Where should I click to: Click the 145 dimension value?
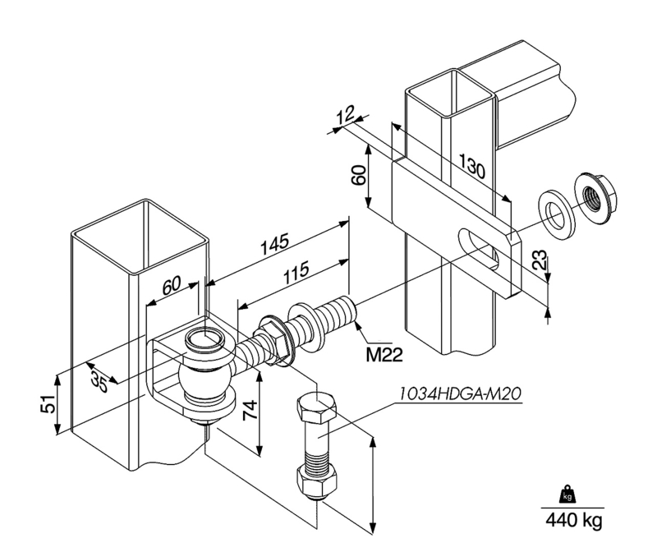pos(274,244)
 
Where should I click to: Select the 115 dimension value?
pos(296,272)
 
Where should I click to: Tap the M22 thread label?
pos(384,355)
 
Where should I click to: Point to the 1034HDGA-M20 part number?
pos(460,394)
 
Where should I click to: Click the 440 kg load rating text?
pos(573,520)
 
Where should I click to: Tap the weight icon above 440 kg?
pos(567,495)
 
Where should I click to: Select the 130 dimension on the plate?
pos(472,166)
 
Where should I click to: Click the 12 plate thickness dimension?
pos(346,114)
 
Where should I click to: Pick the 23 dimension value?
pos(540,260)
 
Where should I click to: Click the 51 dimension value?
pos(48,403)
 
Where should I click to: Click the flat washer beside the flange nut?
pos(557,214)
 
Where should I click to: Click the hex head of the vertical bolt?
pos(316,407)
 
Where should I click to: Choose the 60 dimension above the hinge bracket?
pos(171,285)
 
